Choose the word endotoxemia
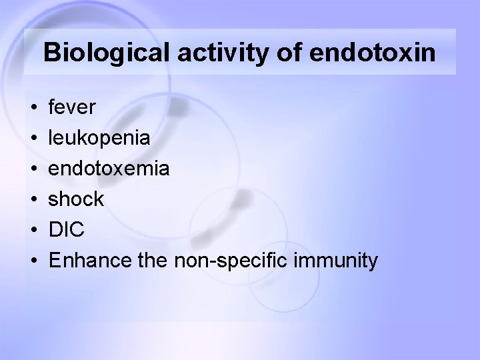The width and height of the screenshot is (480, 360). [110, 168]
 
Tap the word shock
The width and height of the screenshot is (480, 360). [77, 199]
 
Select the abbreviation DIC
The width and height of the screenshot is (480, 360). [67, 229]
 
